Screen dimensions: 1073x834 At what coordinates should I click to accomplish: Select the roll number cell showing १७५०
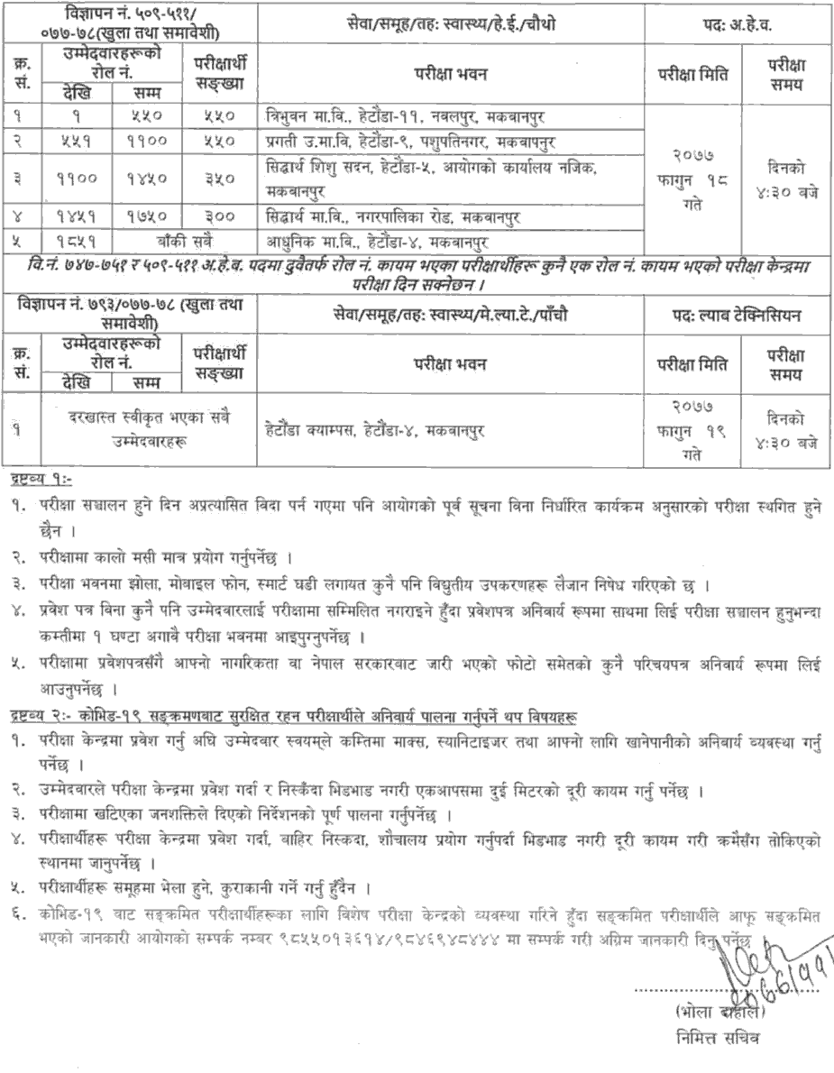147,217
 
